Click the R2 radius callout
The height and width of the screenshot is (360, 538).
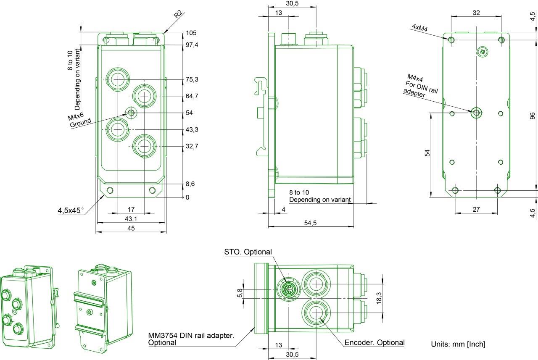pyautogui.click(x=178, y=14)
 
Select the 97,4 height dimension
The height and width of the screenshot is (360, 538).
pyautogui.click(x=192, y=45)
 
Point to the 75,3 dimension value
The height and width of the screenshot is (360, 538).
pyautogui.click(x=192, y=79)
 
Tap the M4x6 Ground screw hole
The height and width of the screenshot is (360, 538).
pyautogui.click(x=131, y=112)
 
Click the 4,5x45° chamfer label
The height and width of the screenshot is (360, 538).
pyautogui.click(x=71, y=210)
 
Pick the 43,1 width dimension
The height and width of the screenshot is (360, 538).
pyautogui.click(x=131, y=219)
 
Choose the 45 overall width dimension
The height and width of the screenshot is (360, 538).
pyautogui.click(x=131, y=228)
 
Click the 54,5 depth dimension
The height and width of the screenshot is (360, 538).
pyautogui.click(x=310, y=223)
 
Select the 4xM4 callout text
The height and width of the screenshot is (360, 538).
pyautogui.click(x=420, y=28)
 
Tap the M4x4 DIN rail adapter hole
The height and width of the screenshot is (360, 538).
pyautogui.click(x=476, y=113)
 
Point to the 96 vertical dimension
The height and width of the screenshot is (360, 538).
pyautogui.click(x=533, y=116)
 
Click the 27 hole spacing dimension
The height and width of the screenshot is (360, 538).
pyautogui.click(x=476, y=210)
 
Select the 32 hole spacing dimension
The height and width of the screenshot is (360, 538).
pyautogui.click(x=476, y=13)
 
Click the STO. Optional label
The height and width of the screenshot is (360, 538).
pyautogui.click(x=248, y=252)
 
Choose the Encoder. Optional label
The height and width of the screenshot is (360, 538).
pyautogui.click(x=374, y=342)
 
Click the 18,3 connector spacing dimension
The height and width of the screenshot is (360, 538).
pyautogui.click(x=379, y=298)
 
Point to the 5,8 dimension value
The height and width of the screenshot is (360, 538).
pyautogui.click(x=240, y=293)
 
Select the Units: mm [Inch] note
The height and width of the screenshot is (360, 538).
pyautogui.click(x=458, y=344)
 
